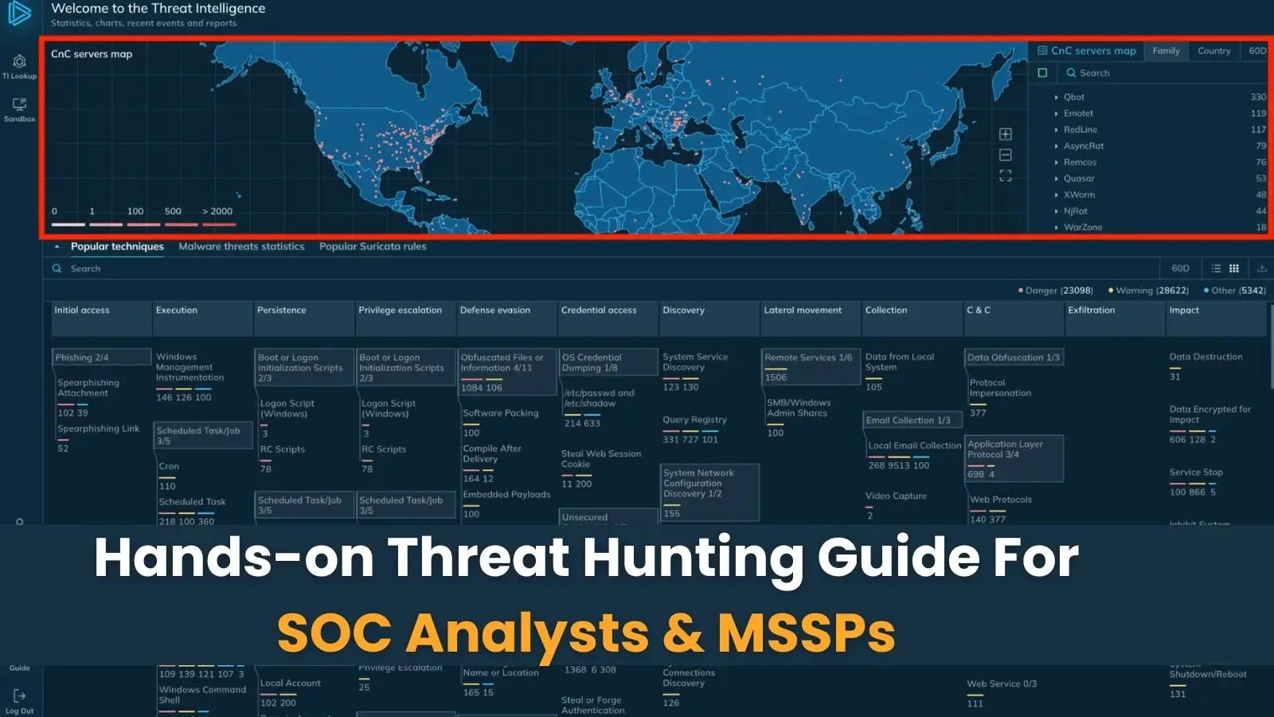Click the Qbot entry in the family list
1074,97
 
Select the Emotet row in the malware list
1078,113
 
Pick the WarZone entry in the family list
1083,227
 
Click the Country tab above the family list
1213,51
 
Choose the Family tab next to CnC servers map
1166,51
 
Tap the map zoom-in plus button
1006,134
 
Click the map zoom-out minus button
1006,155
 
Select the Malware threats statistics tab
241,247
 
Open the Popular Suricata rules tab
373,247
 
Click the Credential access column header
599,311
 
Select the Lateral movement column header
802,311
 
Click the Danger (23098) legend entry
1057,291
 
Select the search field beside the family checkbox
1163,73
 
